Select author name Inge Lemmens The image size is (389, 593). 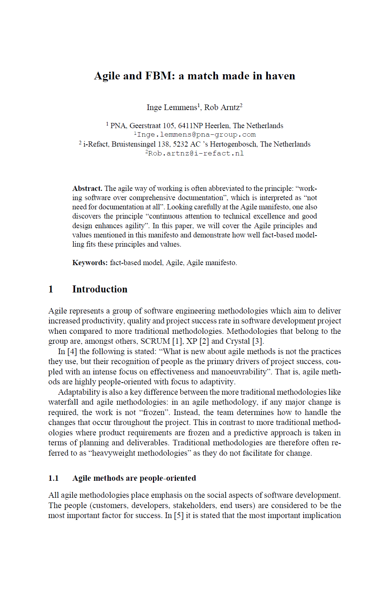[172, 107]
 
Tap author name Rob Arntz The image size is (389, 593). [222, 107]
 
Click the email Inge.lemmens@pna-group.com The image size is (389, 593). [196, 135]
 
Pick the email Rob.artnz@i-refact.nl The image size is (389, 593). [196, 153]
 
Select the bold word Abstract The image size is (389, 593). [87, 188]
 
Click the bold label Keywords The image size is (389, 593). [90, 263]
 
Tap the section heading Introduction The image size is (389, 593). [100, 289]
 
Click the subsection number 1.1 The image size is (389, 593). [54, 478]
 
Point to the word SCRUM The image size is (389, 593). [155, 341]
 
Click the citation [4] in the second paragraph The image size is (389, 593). [72, 352]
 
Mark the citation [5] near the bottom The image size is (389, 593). [179, 515]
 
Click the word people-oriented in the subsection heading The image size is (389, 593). [167, 478]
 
